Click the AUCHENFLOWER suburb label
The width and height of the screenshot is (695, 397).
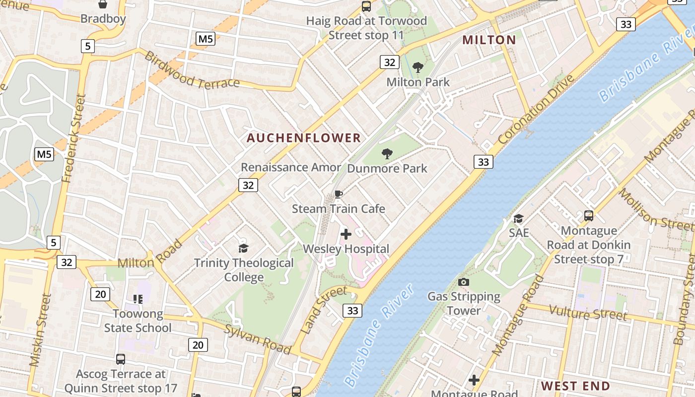coord(304,138)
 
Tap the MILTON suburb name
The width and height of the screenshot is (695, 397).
coord(489,40)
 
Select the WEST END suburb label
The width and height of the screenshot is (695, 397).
coord(575,386)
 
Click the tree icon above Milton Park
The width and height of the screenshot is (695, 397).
coord(418,67)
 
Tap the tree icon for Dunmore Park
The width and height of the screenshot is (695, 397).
coord(387,154)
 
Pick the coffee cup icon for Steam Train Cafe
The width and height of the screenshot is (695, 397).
coord(339,194)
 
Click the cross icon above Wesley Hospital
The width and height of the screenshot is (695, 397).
coord(346,234)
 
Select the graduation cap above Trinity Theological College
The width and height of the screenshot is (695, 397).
coord(243,248)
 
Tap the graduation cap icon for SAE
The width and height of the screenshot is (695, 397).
coord(518,218)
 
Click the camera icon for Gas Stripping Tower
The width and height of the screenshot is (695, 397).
coord(464,282)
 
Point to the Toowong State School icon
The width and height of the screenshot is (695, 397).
coord(138,299)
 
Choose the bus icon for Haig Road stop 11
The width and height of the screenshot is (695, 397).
coord(366,6)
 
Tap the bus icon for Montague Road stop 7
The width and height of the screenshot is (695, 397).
coord(589,216)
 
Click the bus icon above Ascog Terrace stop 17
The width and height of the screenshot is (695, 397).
coord(121,359)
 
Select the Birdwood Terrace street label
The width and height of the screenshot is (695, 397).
coord(192,71)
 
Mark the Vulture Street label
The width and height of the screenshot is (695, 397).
coord(588,313)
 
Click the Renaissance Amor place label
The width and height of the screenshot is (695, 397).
coord(291,167)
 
